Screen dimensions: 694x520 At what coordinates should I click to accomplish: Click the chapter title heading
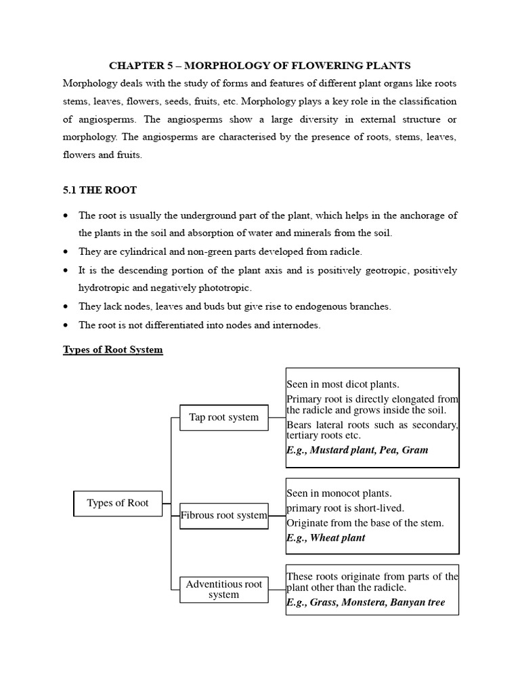click(260, 66)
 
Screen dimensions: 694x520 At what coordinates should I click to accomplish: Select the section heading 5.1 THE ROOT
click(100, 190)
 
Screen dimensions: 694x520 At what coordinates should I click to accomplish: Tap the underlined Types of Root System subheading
click(113, 350)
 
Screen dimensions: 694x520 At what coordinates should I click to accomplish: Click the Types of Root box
click(118, 503)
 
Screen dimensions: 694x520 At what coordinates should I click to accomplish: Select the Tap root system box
click(223, 417)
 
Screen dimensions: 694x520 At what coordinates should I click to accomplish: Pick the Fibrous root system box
click(223, 515)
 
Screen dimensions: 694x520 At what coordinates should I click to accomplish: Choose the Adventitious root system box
click(223, 589)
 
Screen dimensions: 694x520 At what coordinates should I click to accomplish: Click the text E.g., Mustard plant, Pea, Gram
click(357, 450)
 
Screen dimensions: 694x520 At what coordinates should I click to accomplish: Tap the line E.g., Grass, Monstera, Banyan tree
click(366, 602)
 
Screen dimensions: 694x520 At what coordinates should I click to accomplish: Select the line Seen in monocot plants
click(339, 493)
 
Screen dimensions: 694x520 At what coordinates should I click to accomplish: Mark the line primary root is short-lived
click(345, 508)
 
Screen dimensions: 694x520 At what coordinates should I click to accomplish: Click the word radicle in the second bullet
click(345, 251)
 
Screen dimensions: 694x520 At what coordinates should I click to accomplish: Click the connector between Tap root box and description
click(277, 417)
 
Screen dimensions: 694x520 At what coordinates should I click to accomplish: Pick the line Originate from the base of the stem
click(365, 523)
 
